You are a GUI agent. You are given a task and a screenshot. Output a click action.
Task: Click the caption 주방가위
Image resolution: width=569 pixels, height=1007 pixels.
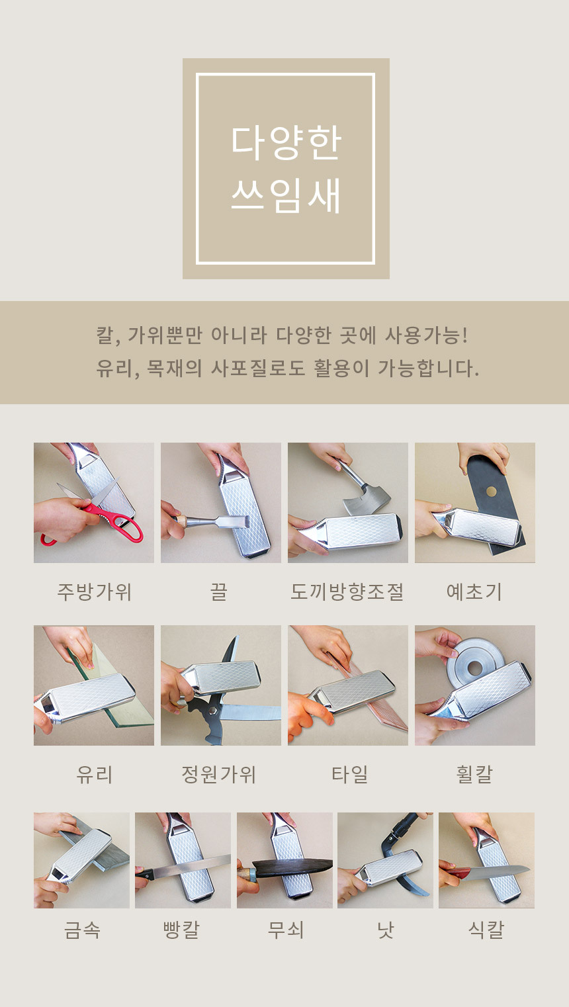(94, 591)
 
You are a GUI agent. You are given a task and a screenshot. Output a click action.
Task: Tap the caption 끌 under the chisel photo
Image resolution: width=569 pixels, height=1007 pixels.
(219, 591)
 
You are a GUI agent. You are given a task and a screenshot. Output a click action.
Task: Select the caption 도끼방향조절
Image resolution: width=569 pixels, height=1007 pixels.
(347, 591)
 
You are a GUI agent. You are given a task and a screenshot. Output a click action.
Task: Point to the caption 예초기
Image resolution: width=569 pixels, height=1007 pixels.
(474, 591)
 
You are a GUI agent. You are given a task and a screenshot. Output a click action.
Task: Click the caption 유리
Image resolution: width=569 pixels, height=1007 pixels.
(94, 774)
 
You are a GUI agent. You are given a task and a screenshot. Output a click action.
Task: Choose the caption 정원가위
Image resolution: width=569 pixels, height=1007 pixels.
(219, 774)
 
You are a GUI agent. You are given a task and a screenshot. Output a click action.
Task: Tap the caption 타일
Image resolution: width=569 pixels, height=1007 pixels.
(349, 774)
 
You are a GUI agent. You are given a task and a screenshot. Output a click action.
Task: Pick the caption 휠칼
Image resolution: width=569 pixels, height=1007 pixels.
(474, 774)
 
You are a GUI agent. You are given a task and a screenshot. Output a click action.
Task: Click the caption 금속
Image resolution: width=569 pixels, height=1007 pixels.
(82, 930)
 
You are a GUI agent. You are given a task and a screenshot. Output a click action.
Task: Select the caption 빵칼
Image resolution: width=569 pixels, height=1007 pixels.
(181, 930)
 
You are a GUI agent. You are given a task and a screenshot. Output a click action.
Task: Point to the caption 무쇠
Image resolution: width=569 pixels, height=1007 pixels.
(286, 930)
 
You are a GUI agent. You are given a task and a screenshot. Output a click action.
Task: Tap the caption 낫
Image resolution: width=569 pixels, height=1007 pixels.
(386, 930)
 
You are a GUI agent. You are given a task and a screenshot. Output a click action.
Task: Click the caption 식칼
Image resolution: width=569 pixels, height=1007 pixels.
(486, 930)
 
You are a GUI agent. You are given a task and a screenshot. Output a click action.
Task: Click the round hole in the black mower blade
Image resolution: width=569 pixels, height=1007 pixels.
(491, 491)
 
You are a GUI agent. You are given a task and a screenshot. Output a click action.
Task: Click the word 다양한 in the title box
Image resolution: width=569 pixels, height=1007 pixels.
(286, 143)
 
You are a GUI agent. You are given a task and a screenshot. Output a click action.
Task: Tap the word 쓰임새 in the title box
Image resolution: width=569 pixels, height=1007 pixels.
(286, 196)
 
